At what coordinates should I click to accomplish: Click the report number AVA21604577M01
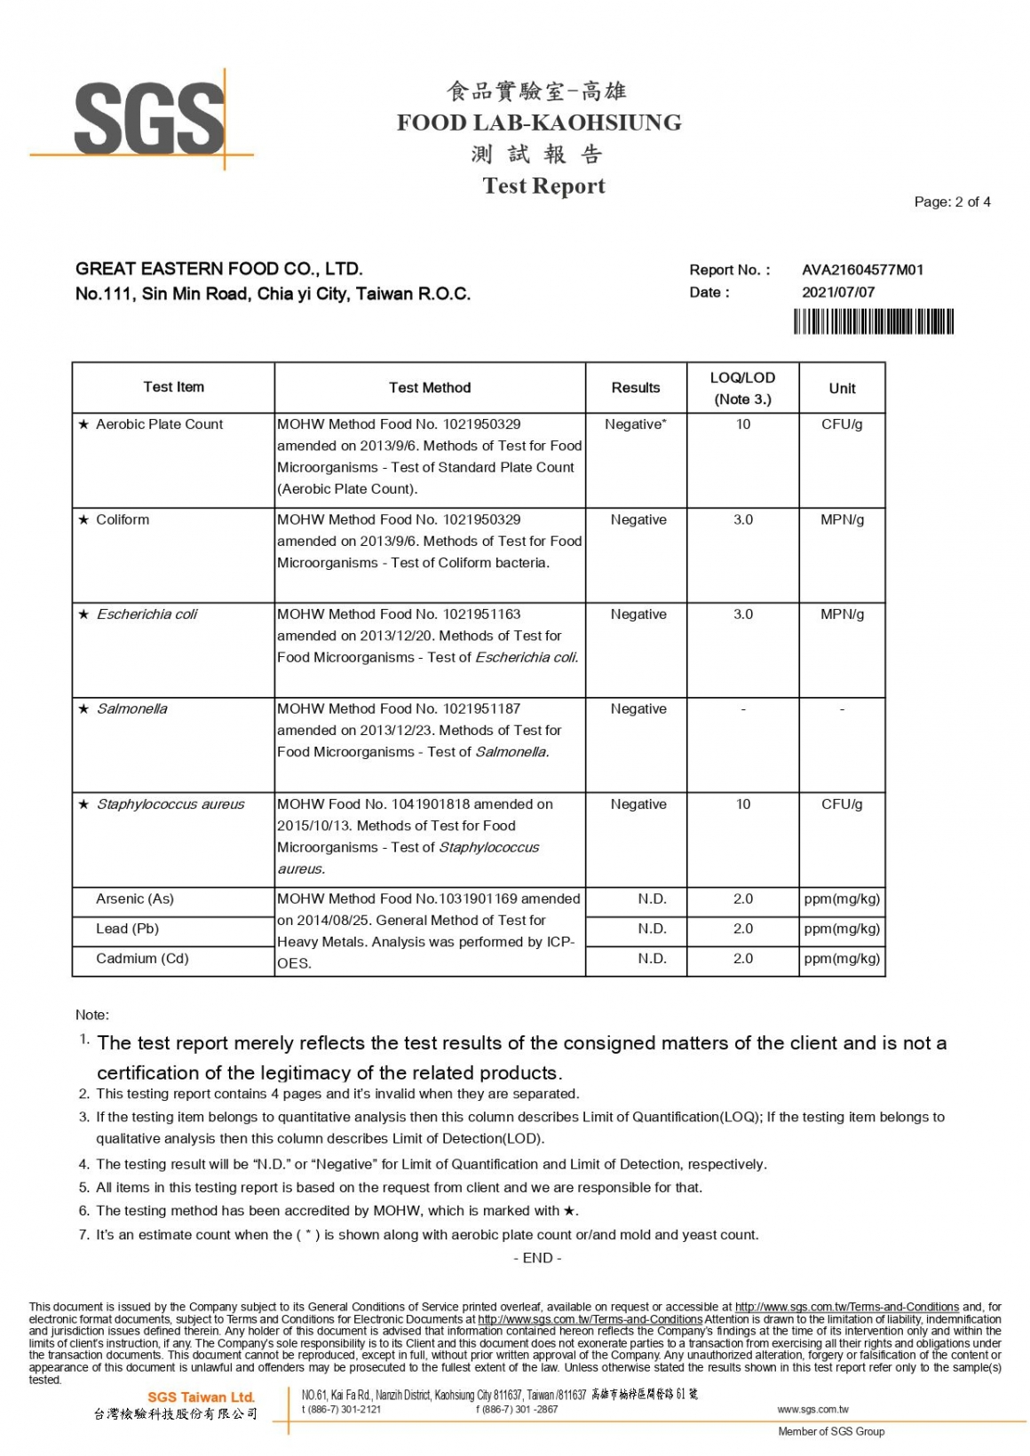pyautogui.click(x=862, y=270)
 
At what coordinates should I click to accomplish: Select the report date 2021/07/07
pyautogui.click(x=837, y=292)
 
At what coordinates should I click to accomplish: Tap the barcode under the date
pyautogui.click(x=873, y=320)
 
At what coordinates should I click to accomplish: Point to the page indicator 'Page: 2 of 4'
pyautogui.click(x=952, y=202)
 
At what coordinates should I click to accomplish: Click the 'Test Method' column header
pyautogui.click(x=430, y=388)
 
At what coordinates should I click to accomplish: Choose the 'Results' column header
pyautogui.click(x=636, y=388)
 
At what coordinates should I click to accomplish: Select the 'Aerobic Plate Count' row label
pyautogui.click(x=159, y=424)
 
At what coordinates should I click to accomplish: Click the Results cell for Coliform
pyautogui.click(x=638, y=519)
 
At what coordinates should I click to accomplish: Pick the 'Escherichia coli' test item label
pyautogui.click(x=147, y=614)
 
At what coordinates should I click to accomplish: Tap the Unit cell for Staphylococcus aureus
pyautogui.click(x=842, y=804)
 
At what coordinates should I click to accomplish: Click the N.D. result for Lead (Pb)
pyautogui.click(x=652, y=929)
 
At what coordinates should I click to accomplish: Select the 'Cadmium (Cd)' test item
pyautogui.click(x=142, y=959)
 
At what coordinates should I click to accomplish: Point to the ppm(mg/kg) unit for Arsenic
pyautogui.click(x=842, y=899)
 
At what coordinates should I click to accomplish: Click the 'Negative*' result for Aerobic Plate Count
pyautogui.click(x=636, y=424)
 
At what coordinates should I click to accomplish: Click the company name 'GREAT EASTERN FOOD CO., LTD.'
pyautogui.click(x=219, y=269)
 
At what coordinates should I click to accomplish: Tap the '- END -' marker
pyautogui.click(x=537, y=1258)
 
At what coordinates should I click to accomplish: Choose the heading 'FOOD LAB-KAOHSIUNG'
pyautogui.click(x=539, y=123)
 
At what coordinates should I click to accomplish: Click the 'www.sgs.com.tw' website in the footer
pyautogui.click(x=812, y=1409)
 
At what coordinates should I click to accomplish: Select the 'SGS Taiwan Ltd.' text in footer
pyautogui.click(x=201, y=1397)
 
